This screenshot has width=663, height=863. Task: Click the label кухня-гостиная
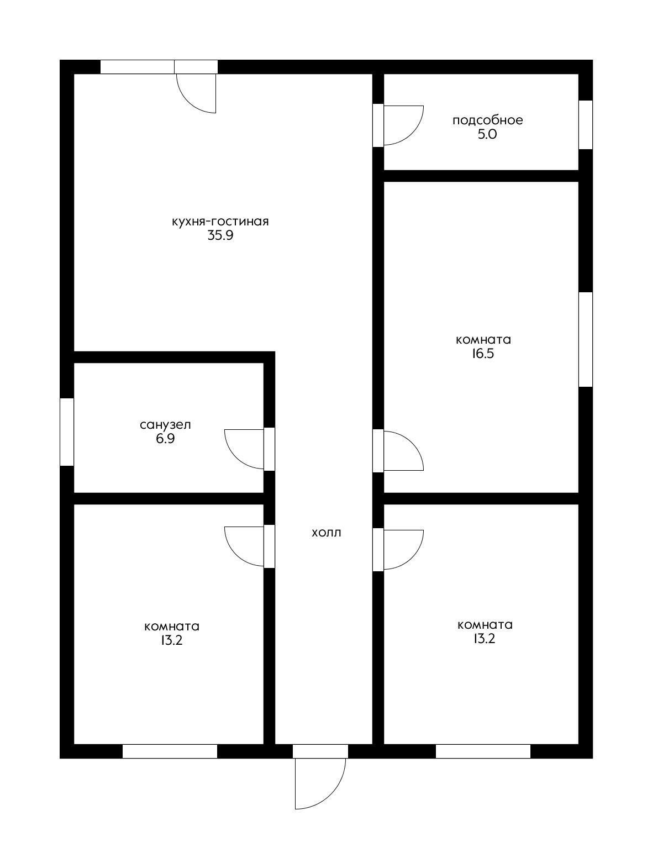point(220,222)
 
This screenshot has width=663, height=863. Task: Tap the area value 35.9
point(220,235)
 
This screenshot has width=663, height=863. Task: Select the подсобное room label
point(487,120)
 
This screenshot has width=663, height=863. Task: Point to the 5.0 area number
point(487,134)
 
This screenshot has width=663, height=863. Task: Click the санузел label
point(166,425)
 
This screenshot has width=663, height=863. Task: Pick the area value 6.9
point(166,439)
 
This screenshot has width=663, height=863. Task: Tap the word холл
point(327,533)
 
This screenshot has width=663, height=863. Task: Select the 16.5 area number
point(483,354)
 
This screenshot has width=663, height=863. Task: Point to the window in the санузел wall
point(67,431)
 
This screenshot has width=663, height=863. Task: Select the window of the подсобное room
point(586,125)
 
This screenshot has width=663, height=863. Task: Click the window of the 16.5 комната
point(586,340)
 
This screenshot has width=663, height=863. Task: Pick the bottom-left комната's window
point(170,751)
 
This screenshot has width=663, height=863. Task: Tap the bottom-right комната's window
point(483,751)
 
